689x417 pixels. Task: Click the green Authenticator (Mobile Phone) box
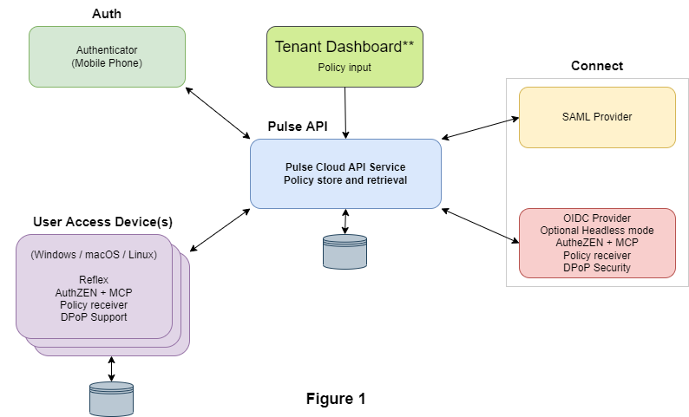[x=107, y=56]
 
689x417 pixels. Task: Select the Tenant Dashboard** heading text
[x=344, y=47]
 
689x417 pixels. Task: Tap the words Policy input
[x=344, y=68]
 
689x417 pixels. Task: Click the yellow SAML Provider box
[x=597, y=117]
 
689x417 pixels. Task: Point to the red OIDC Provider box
[x=597, y=243]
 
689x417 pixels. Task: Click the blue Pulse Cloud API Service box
[x=346, y=174]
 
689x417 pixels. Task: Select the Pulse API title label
[x=298, y=127]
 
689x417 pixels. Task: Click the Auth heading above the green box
[x=107, y=14]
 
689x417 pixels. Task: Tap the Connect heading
[x=597, y=66]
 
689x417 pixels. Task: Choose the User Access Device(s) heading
[x=102, y=222]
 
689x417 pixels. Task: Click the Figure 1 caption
[x=336, y=399]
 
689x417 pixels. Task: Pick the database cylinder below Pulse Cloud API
[x=345, y=251]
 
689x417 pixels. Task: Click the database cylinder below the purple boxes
[x=111, y=399]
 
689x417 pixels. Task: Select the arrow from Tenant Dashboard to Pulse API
[x=345, y=113]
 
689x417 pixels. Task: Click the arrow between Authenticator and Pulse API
[x=218, y=114]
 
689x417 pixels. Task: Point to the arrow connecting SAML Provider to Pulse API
[x=480, y=128]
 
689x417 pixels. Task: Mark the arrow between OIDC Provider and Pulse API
[x=480, y=225]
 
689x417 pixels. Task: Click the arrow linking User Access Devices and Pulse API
[x=220, y=230]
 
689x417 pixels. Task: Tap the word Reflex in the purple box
[x=94, y=280]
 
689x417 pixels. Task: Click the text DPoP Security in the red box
[x=597, y=268]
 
